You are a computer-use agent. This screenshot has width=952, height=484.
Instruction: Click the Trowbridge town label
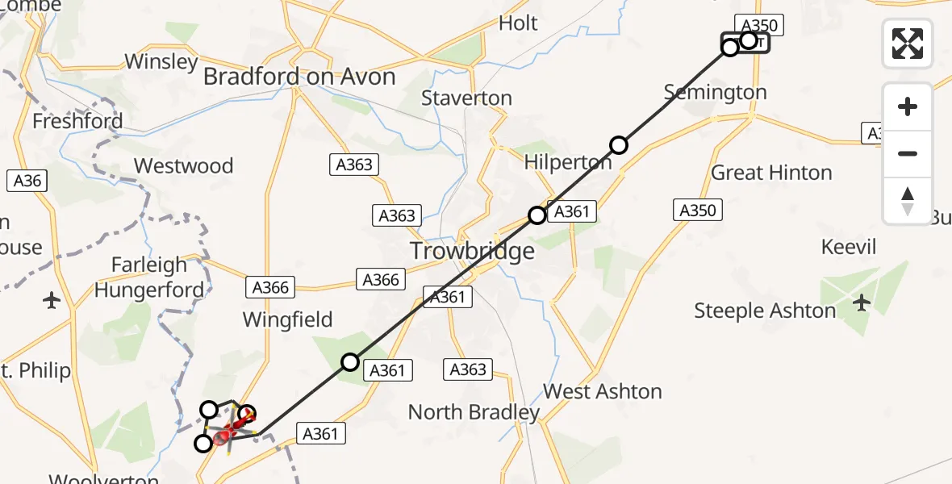[x=472, y=251]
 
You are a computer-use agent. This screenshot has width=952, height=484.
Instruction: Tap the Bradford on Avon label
[x=299, y=77]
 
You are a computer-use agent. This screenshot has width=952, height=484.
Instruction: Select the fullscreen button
[x=908, y=44]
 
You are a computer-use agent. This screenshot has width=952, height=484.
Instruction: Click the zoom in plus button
[x=908, y=106]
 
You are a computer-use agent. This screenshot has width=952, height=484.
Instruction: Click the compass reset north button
[x=908, y=201]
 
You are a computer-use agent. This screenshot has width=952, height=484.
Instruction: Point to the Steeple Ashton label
[x=765, y=311]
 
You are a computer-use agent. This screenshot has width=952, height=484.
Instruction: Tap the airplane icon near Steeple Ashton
[x=862, y=303]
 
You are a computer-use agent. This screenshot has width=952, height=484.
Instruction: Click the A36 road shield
[x=27, y=181]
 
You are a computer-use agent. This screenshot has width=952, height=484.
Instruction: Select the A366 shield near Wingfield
[x=270, y=287]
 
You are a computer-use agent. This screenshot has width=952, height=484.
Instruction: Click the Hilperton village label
[x=568, y=162]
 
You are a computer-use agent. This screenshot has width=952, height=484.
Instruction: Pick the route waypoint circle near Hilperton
[x=618, y=145]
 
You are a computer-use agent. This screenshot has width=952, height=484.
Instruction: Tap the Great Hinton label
[x=771, y=173]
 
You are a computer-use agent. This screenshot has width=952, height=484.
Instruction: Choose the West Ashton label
[x=603, y=392]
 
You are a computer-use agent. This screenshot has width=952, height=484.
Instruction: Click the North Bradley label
[x=474, y=412]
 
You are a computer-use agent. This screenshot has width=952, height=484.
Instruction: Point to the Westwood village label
[x=183, y=166]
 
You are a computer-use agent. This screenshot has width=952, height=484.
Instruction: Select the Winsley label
[x=161, y=62]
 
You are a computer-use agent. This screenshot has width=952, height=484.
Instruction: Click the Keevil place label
[x=848, y=247]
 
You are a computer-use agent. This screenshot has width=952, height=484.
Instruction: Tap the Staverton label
[x=466, y=98]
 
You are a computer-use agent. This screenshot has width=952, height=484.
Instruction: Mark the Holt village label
[x=518, y=23]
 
